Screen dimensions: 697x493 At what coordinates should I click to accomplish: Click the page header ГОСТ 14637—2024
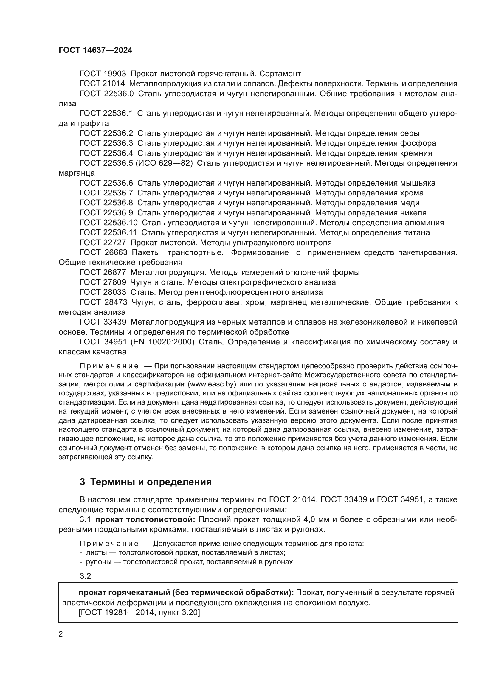coord(95,50)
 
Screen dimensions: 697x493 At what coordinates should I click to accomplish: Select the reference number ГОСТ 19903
coord(103,74)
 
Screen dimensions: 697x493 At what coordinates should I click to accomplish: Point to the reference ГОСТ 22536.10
coord(108,223)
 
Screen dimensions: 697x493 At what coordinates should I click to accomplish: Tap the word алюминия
coord(424,223)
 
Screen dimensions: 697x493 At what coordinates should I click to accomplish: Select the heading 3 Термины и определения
coord(146,482)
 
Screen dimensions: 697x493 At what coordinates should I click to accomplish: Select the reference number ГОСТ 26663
coord(103,253)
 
